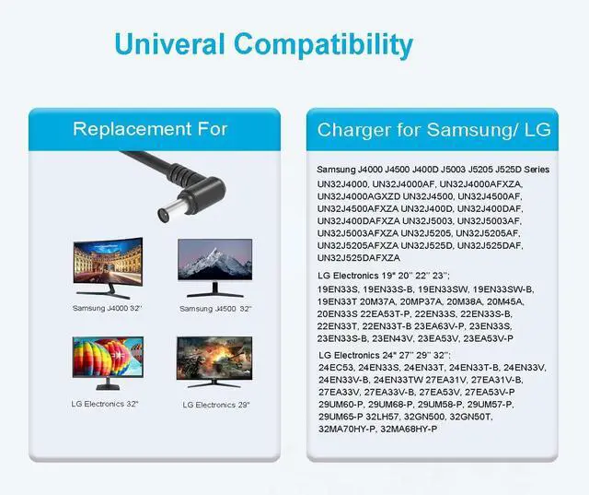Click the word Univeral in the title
point(170,44)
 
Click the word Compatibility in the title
point(323,46)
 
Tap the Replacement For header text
point(150,129)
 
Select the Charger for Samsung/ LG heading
point(433,130)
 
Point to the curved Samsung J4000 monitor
point(109,267)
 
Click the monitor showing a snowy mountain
point(214,267)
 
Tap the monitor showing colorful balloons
point(108,363)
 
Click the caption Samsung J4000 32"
point(108,309)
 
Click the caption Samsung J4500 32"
point(215,309)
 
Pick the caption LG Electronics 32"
point(105,404)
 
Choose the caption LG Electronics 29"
point(216,405)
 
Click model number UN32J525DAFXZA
point(359,258)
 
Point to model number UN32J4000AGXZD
point(359,196)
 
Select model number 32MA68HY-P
point(409,430)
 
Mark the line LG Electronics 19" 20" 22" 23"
point(384,276)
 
